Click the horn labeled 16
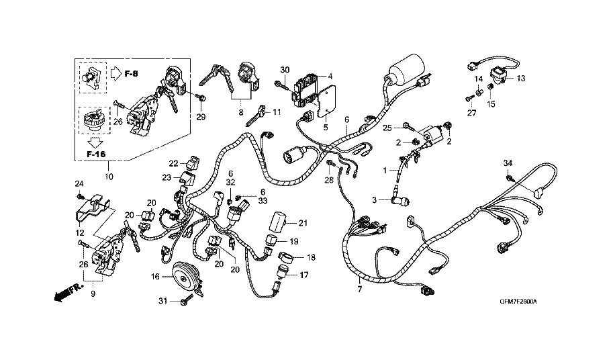point(185,276)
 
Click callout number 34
point(508,163)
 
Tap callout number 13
point(521,79)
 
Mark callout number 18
point(311,257)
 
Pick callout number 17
point(303,275)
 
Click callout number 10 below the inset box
point(110,177)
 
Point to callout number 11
point(277,111)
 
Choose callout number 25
point(387,128)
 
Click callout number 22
point(173,163)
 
